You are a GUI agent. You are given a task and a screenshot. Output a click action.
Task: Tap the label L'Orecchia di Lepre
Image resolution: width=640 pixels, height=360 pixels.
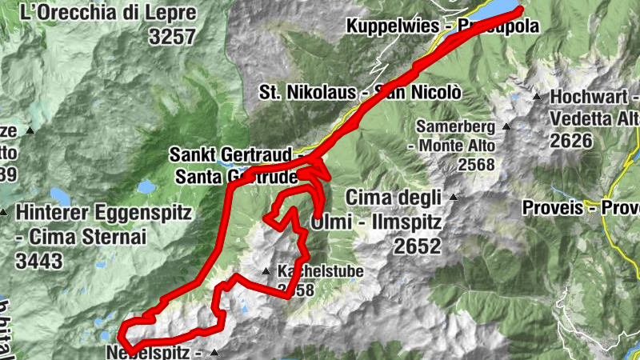(x=108, y=12)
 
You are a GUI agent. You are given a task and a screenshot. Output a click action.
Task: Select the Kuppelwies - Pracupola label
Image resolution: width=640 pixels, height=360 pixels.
(x=442, y=26)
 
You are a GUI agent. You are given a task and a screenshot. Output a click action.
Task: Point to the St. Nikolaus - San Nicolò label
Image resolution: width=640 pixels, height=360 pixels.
(x=360, y=92)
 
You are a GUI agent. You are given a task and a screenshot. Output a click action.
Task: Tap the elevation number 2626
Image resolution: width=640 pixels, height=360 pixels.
(x=571, y=141)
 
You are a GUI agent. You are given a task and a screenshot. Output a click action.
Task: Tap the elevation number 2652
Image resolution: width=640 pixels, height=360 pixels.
(x=415, y=246)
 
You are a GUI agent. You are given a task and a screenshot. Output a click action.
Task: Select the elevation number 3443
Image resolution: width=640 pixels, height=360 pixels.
(x=40, y=260)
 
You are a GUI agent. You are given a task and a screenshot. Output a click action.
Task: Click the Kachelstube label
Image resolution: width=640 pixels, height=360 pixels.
(x=320, y=271)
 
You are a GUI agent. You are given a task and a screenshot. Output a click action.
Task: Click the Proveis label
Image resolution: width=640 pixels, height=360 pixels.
(x=552, y=208)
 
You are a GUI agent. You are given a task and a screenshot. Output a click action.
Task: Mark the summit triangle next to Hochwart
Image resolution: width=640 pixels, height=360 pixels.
(x=537, y=97)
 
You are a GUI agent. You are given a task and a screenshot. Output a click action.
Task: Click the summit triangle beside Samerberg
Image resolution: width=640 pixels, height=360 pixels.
(x=506, y=126)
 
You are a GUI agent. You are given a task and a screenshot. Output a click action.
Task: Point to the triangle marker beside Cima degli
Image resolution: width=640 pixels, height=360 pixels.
(x=454, y=197)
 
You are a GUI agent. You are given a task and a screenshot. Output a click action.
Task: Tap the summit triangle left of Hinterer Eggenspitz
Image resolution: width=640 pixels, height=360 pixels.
(x=2, y=214)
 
